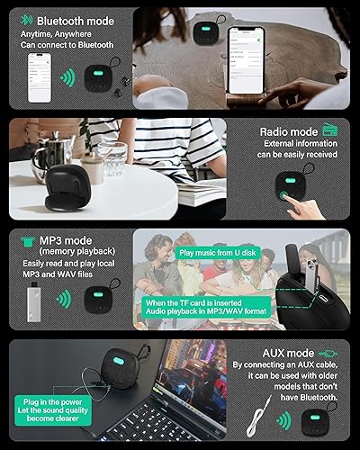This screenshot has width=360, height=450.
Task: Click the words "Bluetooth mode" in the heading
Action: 75,18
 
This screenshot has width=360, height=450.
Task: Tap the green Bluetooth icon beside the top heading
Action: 27,18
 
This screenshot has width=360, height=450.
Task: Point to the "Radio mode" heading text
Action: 288,131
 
